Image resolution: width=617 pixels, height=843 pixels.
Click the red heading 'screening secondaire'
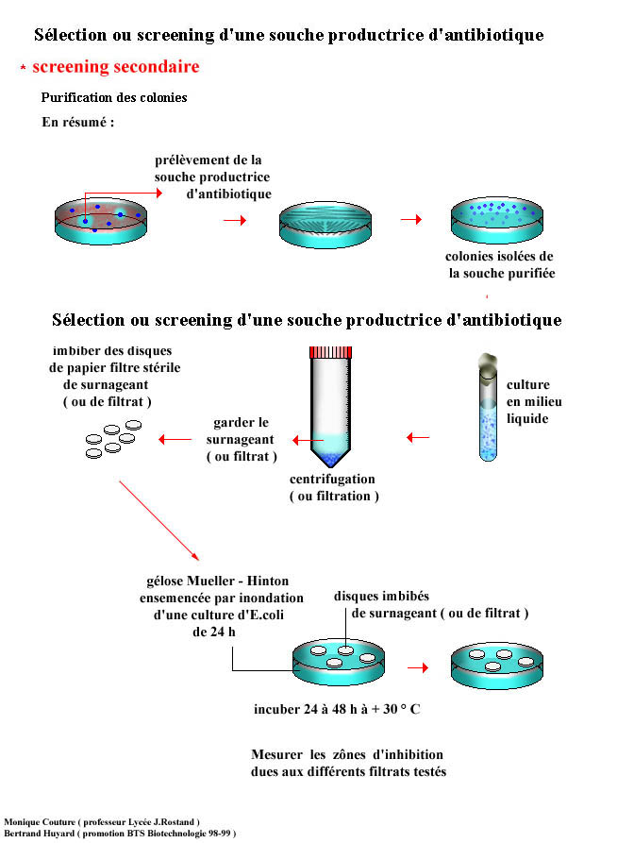click(x=115, y=67)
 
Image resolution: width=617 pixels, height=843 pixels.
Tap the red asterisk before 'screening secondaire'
click(x=23, y=70)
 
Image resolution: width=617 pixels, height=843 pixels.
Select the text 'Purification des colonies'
click(x=114, y=97)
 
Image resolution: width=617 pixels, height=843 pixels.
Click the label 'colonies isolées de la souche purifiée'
click(x=500, y=265)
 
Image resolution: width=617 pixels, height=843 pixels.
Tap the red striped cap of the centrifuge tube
click(x=329, y=353)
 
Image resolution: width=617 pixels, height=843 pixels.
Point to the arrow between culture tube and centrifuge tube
click(x=417, y=437)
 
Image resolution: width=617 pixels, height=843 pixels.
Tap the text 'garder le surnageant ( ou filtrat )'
click(x=241, y=440)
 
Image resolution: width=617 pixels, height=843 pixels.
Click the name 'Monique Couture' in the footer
click(x=37, y=821)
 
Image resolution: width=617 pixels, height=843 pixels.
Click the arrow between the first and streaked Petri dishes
click(x=233, y=220)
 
